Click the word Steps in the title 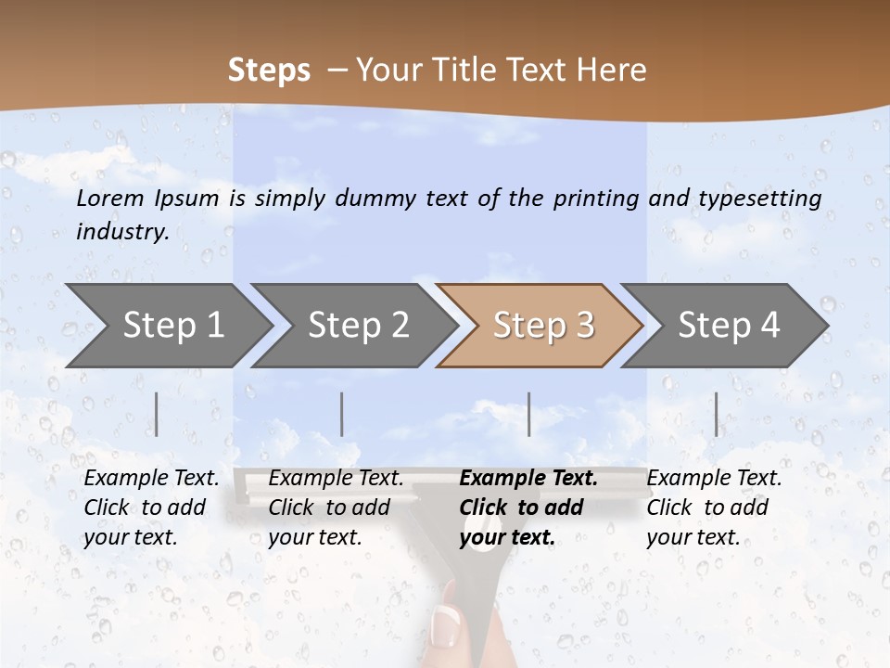(x=269, y=71)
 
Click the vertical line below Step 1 (x=157, y=414)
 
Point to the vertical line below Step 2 (x=342, y=414)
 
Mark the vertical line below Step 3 (x=529, y=414)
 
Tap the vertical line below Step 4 (x=717, y=414)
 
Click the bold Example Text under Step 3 (x=528, y=479)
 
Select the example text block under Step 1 (x=151, y=507)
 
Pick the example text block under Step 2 (x=336, y=507)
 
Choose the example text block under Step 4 (x=714, y=507)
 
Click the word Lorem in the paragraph (x=110, y=198)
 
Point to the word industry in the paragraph (x=121, y=232)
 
